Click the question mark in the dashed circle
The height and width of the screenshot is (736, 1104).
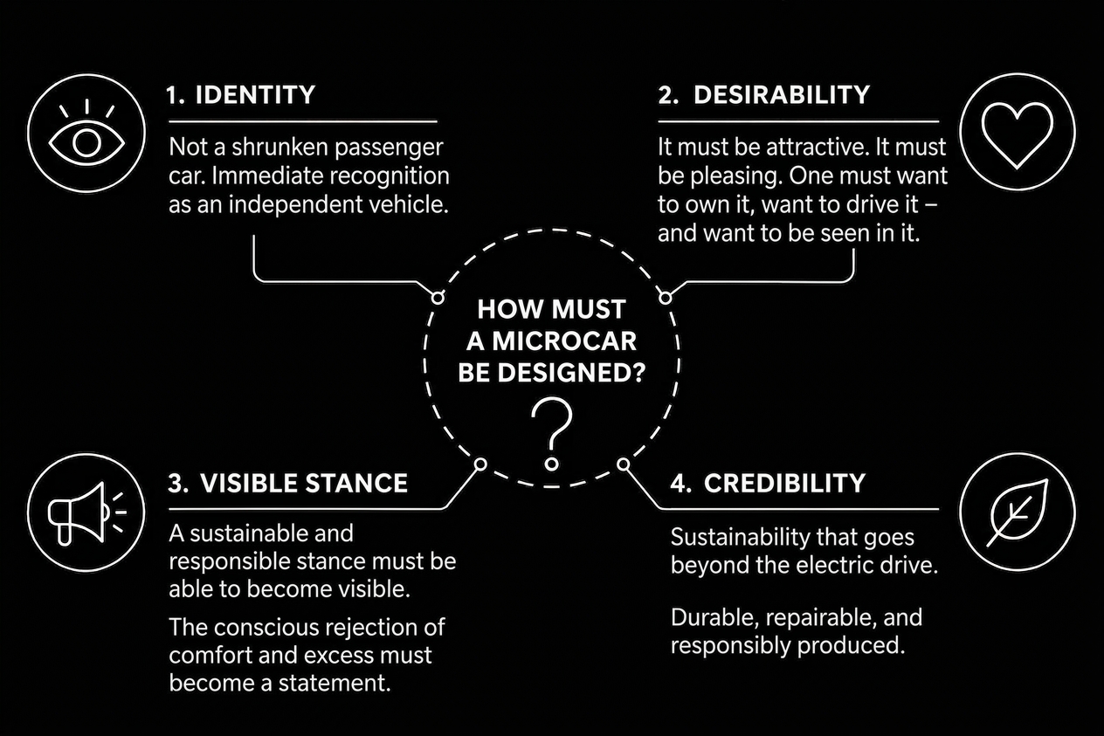[552, 435]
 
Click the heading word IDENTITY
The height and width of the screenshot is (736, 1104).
[255, 94]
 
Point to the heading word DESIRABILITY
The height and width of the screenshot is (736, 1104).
[782, 94]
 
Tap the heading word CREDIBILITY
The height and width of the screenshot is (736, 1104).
[784, 484]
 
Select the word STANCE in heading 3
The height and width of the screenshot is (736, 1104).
[356, 484]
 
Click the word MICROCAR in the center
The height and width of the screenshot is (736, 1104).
[564, 341]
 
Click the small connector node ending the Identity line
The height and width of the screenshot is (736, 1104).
[438, 298]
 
